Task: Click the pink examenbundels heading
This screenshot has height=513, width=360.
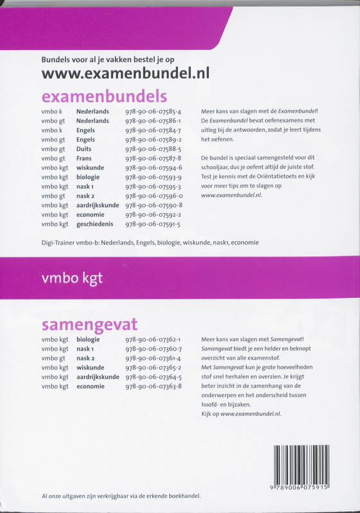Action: pos(104,96)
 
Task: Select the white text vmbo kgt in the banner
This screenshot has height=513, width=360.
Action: pos(71,278)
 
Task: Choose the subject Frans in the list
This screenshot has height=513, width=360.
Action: pos(85,158)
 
